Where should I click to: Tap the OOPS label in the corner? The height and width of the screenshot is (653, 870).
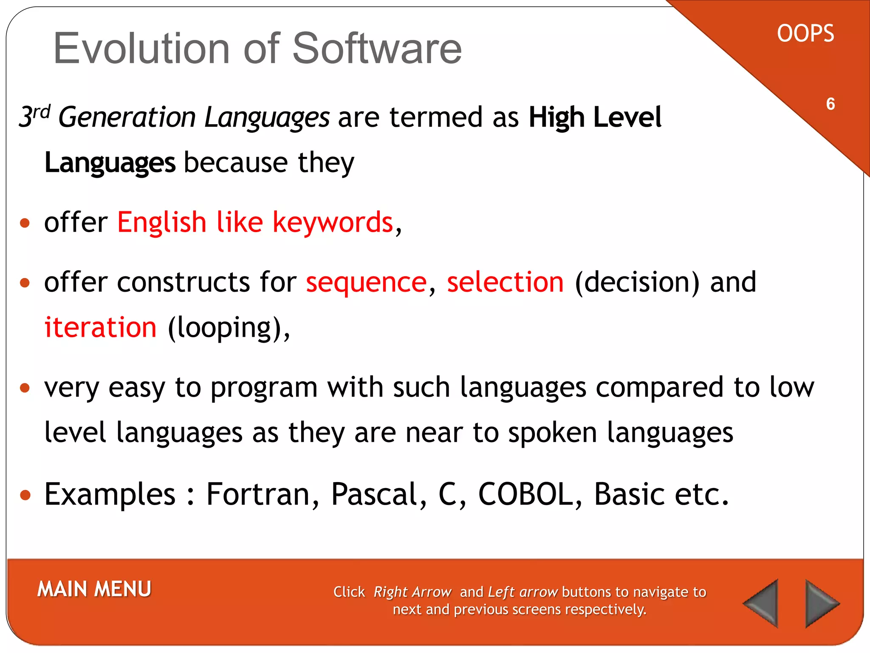(x=805, y=34)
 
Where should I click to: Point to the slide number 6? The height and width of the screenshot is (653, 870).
(x=830, y=104)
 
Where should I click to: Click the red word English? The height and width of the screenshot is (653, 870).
(x=161, y=223)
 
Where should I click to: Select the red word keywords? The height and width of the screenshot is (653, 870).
(x=333, y=223)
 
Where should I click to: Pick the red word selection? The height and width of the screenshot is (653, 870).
(x=505, y=282)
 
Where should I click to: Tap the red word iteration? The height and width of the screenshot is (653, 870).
(x=101, y=328)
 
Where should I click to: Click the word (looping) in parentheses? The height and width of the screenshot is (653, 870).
(x=225, y=329)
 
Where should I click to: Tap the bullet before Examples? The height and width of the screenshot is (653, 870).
(x=25, y=495)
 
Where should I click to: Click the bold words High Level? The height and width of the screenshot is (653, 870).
(x=595, y=117)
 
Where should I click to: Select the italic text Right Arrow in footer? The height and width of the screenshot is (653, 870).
(x=412, y=592)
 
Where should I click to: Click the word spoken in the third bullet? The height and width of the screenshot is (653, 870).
(x=552, y=433)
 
